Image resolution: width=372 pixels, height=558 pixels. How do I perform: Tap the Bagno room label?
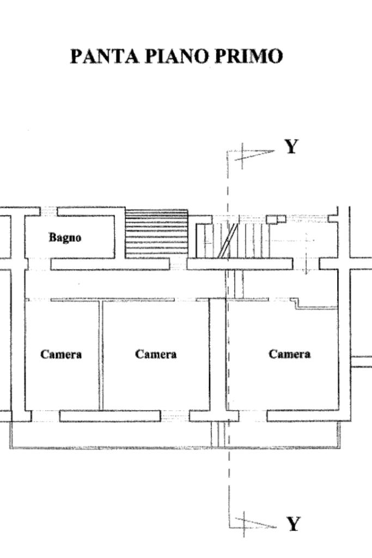(65, 237)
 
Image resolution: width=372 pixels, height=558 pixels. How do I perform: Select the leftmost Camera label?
(61, 355)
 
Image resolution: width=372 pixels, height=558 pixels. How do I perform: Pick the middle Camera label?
(156, 355)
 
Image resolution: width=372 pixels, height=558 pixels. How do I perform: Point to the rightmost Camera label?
(290, 354)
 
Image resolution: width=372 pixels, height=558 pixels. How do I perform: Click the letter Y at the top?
(292, 146)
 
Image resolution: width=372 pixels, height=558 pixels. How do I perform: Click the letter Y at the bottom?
(293, 524)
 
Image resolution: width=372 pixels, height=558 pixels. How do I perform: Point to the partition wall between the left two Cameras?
(100, 355)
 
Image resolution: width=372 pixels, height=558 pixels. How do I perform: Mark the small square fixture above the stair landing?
(276, 219)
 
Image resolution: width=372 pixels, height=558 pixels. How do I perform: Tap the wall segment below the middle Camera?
(110, 416)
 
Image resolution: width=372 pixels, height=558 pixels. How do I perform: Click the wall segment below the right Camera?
(303, 416)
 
